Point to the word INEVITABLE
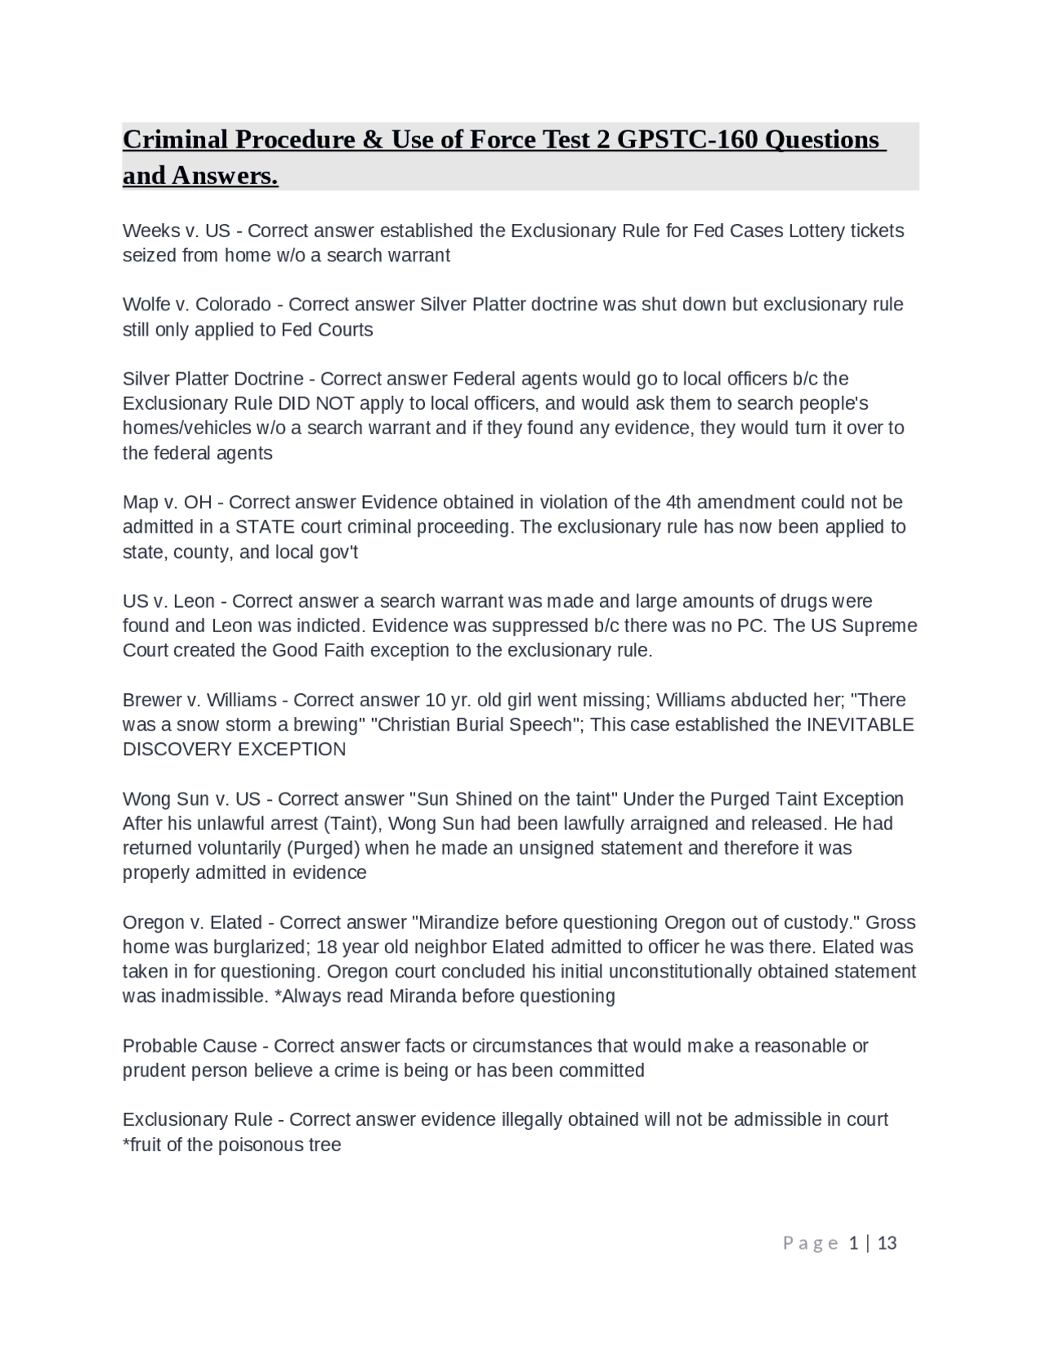[x=860, y=724]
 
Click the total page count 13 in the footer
[x=887, y=1242]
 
